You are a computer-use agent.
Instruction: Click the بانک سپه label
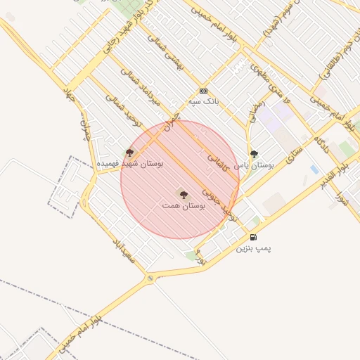tap(203, 102)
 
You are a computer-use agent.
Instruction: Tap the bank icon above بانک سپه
tap(203, 91)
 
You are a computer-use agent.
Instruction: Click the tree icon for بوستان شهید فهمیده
tap(129, 152)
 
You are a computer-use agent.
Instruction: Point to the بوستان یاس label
tap(265, 165)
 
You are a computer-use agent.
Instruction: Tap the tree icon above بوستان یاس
tap(254, 154)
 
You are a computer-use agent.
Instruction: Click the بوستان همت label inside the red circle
tap(184, 206)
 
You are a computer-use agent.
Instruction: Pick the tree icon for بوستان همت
tap(184, 194)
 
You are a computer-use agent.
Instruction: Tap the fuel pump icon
tap(253, 237)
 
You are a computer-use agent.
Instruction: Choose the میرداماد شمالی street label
tap(150, 89)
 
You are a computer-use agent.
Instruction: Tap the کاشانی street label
tap(217, 161)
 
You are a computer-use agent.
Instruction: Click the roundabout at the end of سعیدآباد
tap(150, 279)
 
